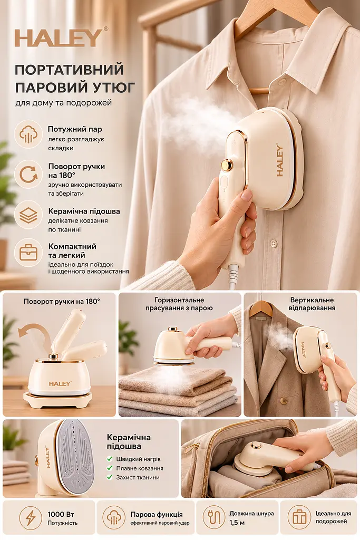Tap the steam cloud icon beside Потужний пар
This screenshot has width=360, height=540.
[28, 134]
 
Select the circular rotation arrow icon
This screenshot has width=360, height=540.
[28, 174]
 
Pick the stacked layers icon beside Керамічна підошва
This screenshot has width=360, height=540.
[28, 215]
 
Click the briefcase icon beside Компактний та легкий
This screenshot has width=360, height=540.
[28, 253]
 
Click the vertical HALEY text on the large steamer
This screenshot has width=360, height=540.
[279, 161]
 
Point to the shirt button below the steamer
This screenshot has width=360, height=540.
[274, 244]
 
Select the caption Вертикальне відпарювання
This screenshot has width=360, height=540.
[312, 304]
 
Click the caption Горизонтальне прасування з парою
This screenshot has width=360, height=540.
[179, 304]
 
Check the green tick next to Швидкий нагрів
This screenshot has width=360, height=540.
[110, 459]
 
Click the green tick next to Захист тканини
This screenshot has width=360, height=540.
[110, 477]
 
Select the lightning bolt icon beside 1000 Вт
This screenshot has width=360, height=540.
[31, 518]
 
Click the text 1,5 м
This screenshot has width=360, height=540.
[237, 523]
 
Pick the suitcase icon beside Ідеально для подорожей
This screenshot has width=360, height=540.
[299, 517]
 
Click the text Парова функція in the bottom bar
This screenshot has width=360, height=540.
[157, 515]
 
